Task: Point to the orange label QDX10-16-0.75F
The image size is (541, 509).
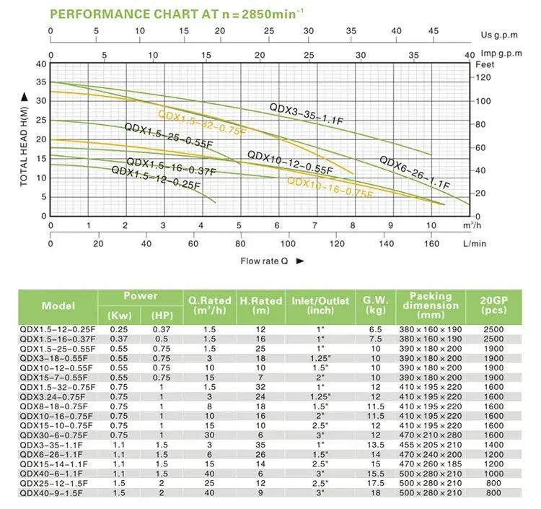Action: tap(330, 188)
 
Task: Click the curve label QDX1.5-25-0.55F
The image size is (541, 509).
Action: tap(169, 136)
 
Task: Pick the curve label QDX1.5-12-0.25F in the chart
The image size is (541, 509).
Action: tap(155, 176)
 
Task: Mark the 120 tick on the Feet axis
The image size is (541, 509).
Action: tap(487, 76)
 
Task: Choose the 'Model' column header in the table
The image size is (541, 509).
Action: tap(58, 305)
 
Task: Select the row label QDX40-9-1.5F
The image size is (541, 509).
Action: tap(48, 492)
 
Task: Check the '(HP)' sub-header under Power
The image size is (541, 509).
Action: tap(162, 316)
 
